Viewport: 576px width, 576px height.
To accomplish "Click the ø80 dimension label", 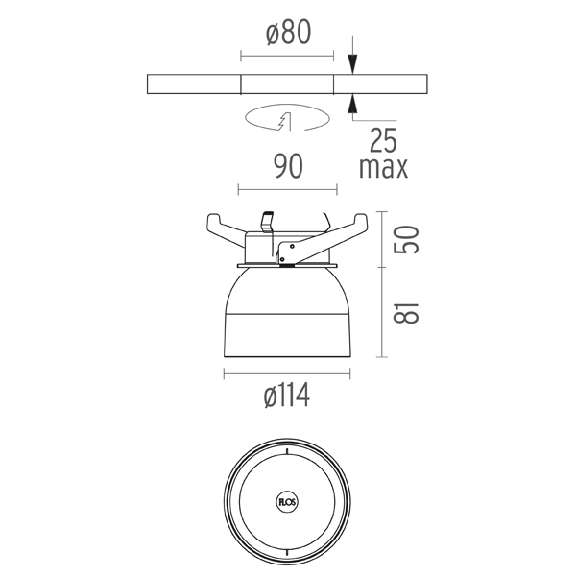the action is (288, 33).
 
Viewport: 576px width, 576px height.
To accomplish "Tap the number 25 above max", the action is (383, 140).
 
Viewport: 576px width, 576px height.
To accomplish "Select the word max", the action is (383, 168).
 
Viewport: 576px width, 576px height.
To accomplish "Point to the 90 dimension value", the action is (289, 166).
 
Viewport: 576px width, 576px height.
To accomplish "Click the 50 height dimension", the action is (406, 239).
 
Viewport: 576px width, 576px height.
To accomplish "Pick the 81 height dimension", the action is (406, 313).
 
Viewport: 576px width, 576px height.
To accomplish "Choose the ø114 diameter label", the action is (287, 396).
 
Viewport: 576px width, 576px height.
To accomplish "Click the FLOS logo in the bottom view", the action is (286, 502).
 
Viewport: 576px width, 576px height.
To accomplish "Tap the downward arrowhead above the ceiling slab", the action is (352, 63).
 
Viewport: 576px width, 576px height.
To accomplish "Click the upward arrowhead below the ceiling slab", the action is (352, 104).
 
